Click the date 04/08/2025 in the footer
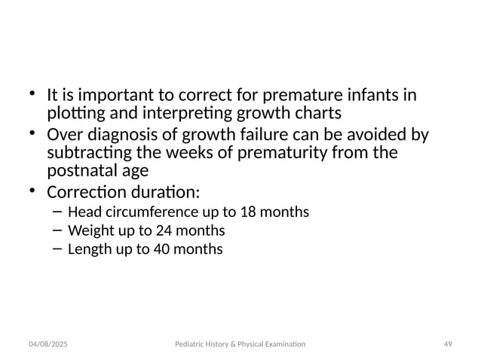(x=48, y=343)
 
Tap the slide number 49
(x=447, y=343)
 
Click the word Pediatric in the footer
(x=186, y=343)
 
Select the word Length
(x=89, y=248)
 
